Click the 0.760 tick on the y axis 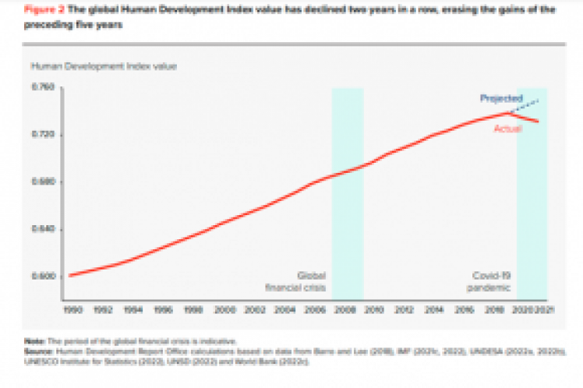(42, 88)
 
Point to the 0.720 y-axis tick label (42, 135)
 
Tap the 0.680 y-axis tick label (42, 182)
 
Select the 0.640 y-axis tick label (42, 229)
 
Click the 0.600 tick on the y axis (42, 276)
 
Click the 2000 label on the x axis (225, 309)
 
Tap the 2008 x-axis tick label (348, 309)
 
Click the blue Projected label (500, 98)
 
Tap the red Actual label (507, 128)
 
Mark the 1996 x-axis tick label (164, 309)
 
